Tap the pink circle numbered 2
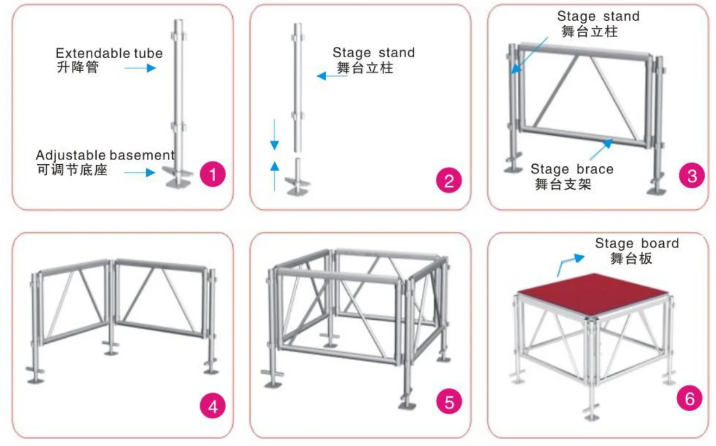449,181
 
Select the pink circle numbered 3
692,176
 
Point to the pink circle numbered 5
449,402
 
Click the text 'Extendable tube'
109,53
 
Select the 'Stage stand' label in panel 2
373,53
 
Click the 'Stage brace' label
572,169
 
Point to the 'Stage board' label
637,243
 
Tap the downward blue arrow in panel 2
275,135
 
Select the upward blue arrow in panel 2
275,175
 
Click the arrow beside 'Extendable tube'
140,68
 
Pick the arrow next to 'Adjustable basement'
139,173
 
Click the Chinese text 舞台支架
563,184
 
